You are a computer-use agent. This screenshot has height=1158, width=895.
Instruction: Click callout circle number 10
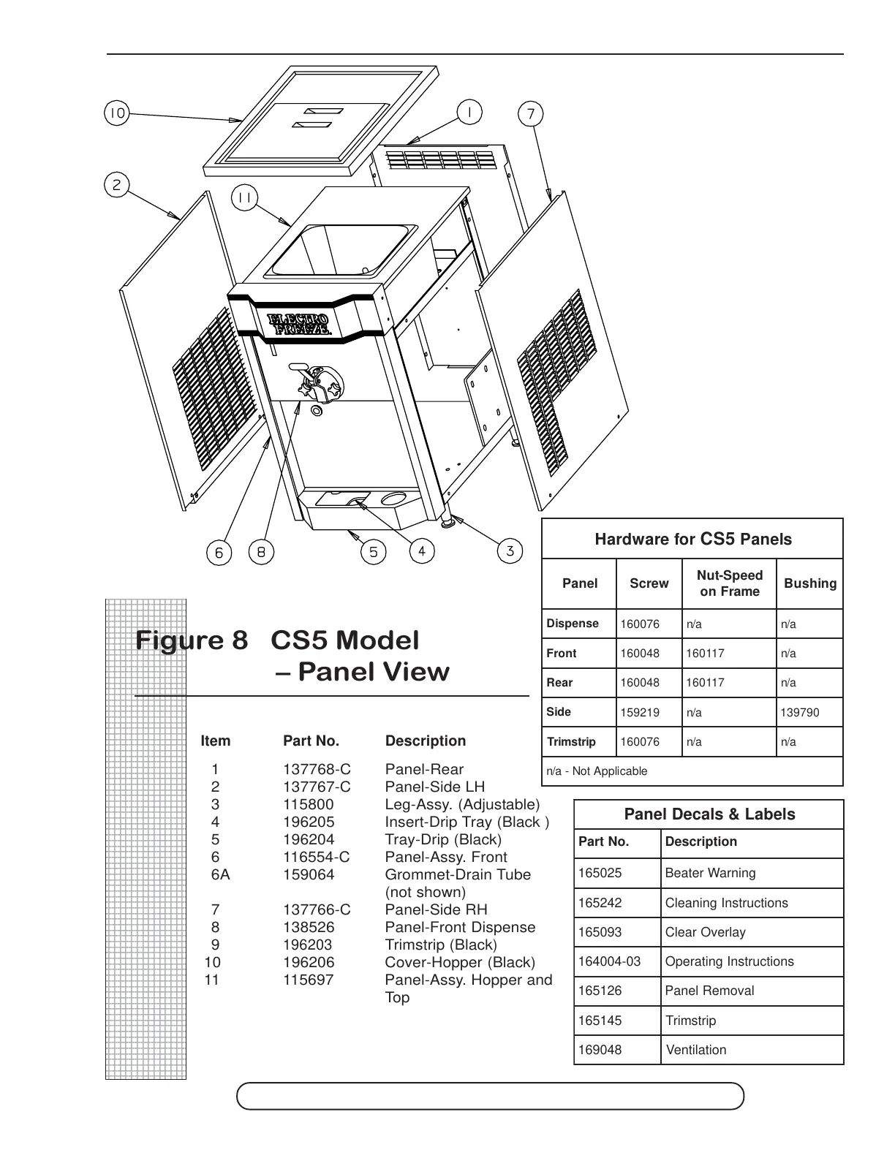116,113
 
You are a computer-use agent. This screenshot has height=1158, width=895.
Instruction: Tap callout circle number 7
531,114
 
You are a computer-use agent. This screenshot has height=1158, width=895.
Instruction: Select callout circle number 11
244,197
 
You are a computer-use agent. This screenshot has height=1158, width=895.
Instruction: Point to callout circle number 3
510,550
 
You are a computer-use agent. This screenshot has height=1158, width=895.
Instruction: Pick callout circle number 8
261,552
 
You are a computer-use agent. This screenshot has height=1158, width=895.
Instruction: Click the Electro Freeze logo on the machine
301,324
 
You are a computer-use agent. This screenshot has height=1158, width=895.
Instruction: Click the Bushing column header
809,583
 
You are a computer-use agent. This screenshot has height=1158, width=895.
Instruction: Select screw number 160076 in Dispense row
640,624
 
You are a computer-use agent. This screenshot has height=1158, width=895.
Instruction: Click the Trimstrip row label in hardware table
571,742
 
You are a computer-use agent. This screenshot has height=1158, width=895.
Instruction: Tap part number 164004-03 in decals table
609,961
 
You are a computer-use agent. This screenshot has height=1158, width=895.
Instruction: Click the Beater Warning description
710,873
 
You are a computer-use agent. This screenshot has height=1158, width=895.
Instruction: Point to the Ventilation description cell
696,1050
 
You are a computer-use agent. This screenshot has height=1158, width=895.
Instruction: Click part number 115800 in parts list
308,804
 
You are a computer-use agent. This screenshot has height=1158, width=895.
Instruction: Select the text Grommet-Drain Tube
458,874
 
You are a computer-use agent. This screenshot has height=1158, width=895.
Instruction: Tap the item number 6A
220,874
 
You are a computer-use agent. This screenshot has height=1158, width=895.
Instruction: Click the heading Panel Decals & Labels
709,814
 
